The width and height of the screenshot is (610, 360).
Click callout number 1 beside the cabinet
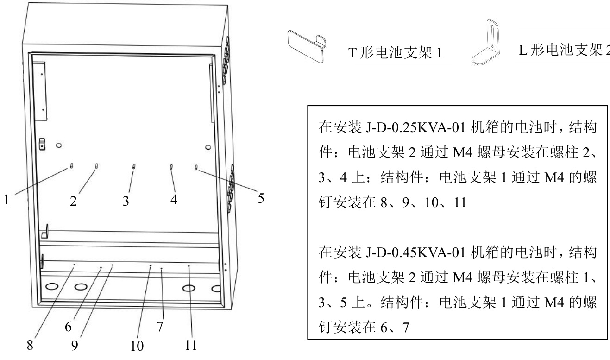click(7, 200)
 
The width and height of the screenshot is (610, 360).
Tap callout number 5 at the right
click(261, 198)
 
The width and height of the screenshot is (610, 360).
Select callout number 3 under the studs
click(126, 201)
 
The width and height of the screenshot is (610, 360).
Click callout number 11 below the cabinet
click(191, 345)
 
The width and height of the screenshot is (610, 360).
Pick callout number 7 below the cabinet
click(160, 327)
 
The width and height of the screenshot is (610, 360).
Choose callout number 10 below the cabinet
click(137, 346)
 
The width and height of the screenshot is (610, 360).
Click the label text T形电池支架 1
click(395, 54)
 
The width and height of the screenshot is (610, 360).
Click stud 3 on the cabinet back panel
click(134, 166)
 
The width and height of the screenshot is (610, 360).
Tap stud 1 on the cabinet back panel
click(72, 165)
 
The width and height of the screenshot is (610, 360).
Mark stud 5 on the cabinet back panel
click(197, 167)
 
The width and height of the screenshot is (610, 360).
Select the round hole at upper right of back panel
click(208, 147)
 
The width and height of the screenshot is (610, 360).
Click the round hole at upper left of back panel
click(59, 145)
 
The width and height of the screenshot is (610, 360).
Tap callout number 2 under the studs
click(73, 201)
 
